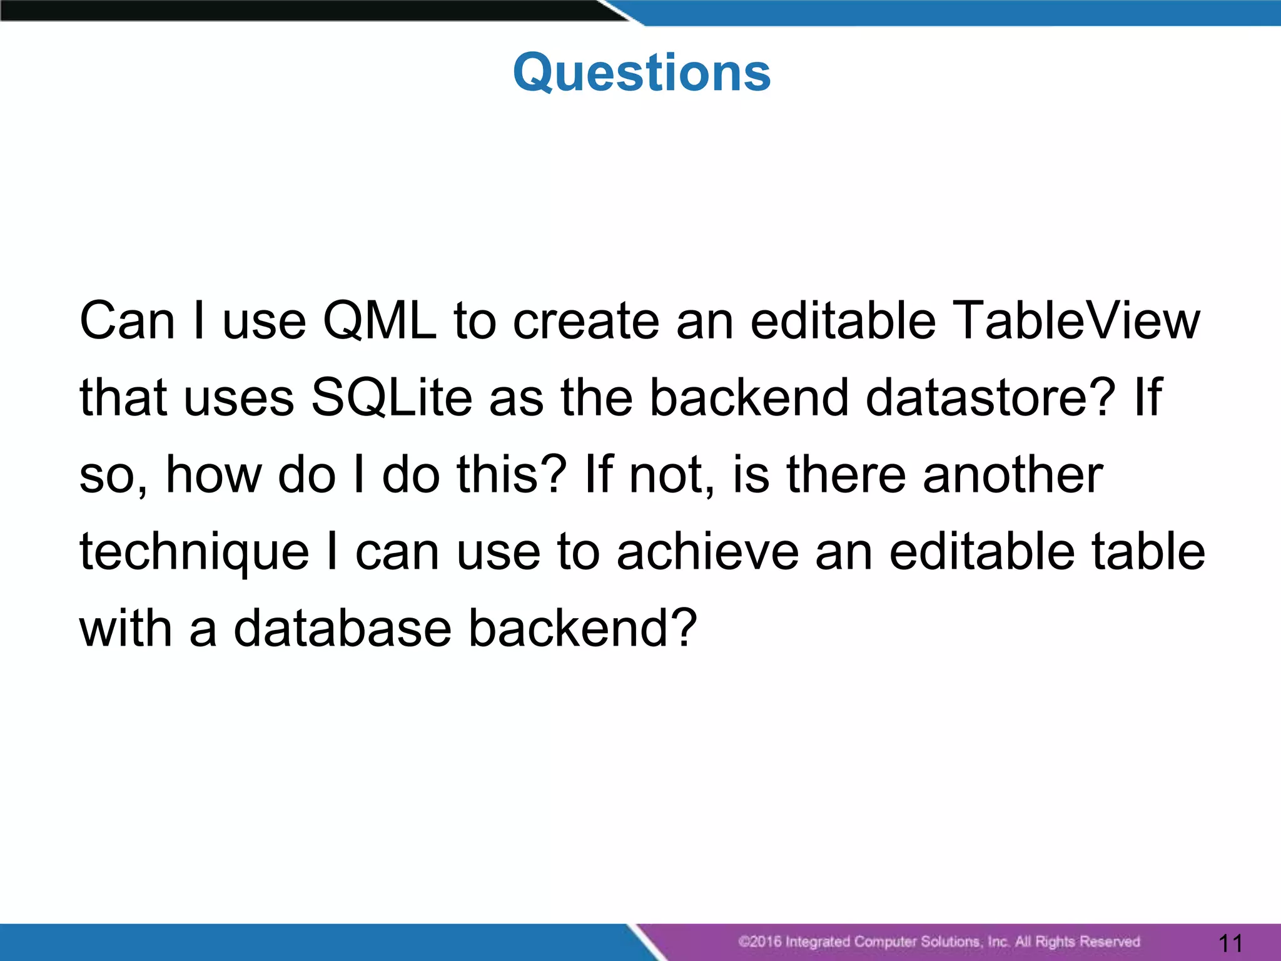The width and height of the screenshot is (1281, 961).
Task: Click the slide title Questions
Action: click(x=641, y=73)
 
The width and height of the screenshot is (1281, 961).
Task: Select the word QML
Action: click(x=379, y=321)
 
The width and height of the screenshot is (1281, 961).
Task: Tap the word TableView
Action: click(x=1078, y=321)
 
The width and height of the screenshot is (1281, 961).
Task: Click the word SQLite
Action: click(x=392, y=398)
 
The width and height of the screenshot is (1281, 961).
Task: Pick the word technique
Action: click(x=195, y=553)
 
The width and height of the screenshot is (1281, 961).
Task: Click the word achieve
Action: click(x=707, y=552)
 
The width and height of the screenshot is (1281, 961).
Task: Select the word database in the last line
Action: click(x=342, y=629)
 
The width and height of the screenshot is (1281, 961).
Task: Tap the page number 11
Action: click(x=1230, y=942)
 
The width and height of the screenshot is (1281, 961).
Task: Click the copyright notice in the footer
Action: click(x=938, y=942)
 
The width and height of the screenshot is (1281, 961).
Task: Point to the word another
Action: click(x=1013, y=475)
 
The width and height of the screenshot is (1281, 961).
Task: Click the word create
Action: click(x=586, y=321)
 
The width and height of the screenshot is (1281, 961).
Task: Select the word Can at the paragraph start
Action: click(x=127, y=321)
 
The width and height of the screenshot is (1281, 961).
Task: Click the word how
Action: click(x=213, y=475)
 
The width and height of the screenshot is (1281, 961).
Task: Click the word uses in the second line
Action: click(x=239, y=399)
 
